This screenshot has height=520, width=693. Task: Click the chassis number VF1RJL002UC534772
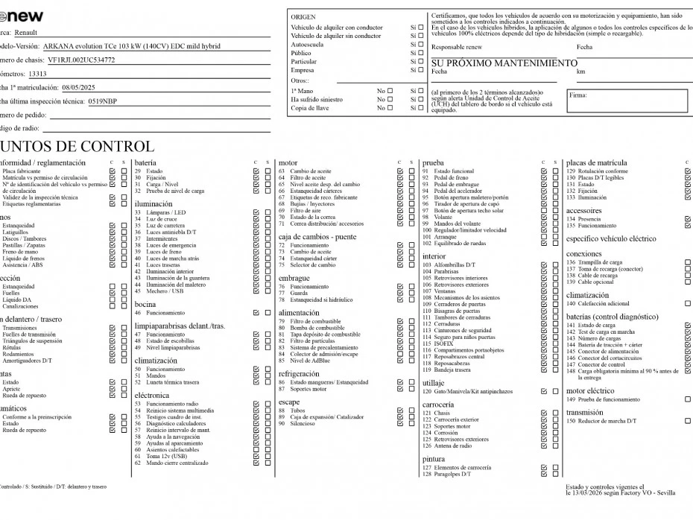[80, 60]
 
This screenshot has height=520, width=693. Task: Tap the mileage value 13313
[37, 74]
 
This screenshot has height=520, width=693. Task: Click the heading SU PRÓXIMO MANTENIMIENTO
[504, 63]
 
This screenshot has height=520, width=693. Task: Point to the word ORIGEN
[303, 16]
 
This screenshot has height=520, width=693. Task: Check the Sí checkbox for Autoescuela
[421, 45]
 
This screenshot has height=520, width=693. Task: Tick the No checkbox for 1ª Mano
[390, 90]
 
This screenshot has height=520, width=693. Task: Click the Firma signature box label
[578, 95]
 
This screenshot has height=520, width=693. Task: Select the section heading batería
[145, 162]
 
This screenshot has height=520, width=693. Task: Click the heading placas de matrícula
[596, 162]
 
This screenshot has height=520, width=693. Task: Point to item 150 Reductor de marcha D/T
[601, 421]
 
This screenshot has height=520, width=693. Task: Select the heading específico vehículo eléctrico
[611, 239]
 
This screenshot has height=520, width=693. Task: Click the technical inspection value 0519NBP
[102, 101]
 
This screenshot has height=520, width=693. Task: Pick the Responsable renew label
[457, 47]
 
